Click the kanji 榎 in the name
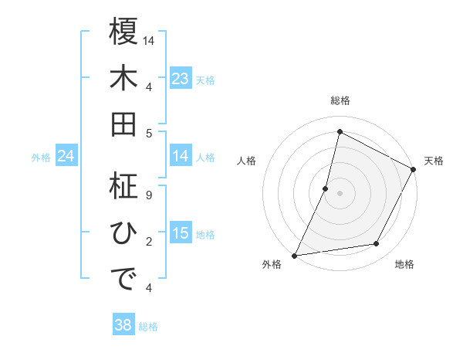click(123, 32)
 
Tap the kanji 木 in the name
click(123, 78)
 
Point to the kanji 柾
click(123, 186)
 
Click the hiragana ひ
click(123, 232)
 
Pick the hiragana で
click(123, 279)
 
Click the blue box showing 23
click(181, 78)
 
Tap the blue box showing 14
click(181, 156)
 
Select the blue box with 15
click(181, 233)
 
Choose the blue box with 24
click(66, 156)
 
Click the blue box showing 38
click(123, 325)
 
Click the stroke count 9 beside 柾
click(149, 195)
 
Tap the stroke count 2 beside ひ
click(149, 242)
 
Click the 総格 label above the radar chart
click(340, 100)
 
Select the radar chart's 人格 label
click(246, 161)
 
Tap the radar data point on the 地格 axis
click(377, 244)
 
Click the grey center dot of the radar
click(340, 193)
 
